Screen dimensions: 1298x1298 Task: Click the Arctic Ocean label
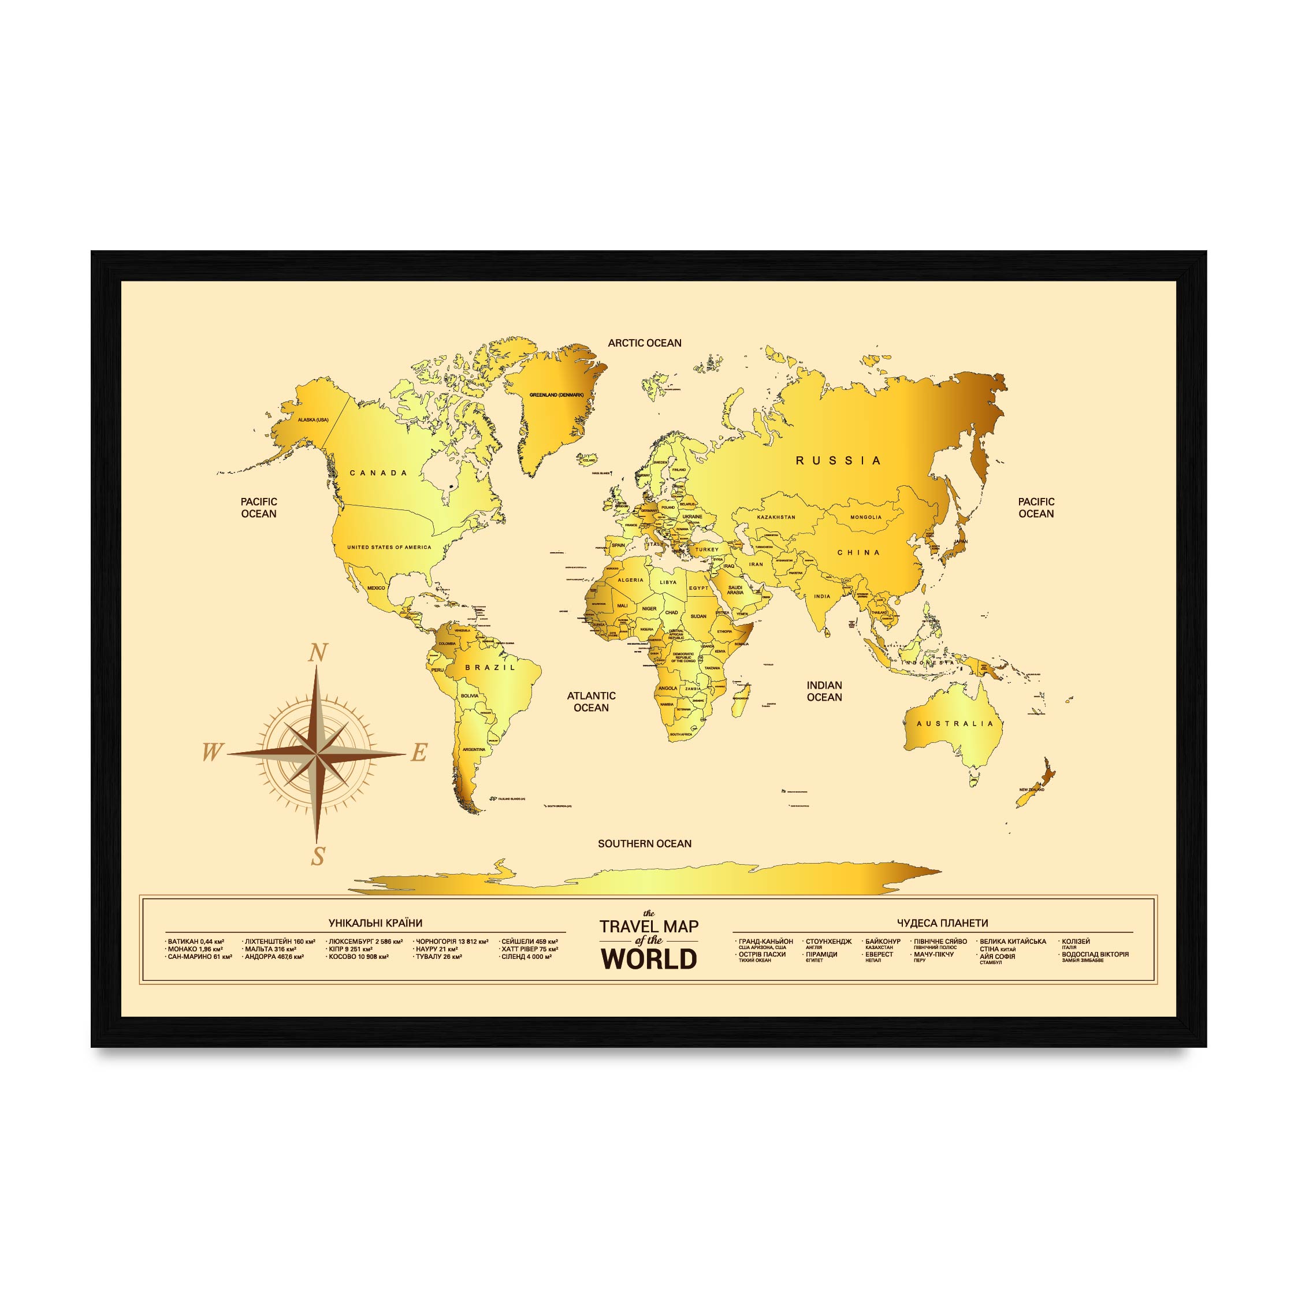pyautogui.click(x=644, y=343)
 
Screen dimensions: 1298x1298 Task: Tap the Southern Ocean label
pyautogui.click(x=644, y=844)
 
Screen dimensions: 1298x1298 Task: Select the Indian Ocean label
pyautogui.click(x=824, y=691)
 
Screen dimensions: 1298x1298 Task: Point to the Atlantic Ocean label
pyautogui.click(x=591, y=701)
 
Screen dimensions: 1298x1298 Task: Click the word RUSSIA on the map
pyautogui.click(x=838, y=461)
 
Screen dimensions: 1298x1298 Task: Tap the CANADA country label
pyautogui.click(x=379, y=473)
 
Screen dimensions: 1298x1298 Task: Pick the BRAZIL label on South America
pyautogui.click(x=490, y=668)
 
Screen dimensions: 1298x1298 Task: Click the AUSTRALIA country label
pyautogui.click(x=955, y=724)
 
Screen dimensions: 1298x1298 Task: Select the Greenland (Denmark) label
pyautogui.click(x=556, y=395)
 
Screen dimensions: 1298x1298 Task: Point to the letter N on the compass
pyautogui.click(x=318, y=653)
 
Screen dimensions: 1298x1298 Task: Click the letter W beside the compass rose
pyautogui.click(x=211, y=753)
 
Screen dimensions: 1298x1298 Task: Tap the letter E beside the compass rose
pyautogui.click(x=419, y=753)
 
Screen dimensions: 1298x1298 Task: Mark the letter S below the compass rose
pyautogui.click(x=318, y=857)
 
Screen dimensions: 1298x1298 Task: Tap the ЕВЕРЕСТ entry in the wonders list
pyautogui.click(x=879, y=954)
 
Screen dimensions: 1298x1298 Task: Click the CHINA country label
pyautogui.click(x=858, y=552)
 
